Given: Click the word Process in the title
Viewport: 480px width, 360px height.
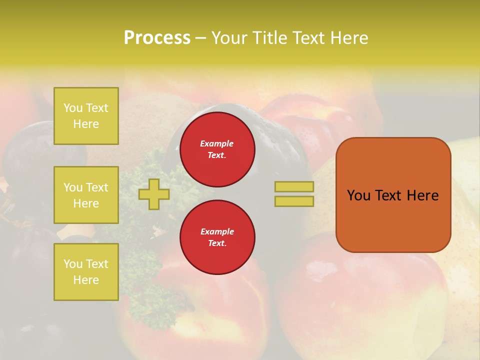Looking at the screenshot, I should tap(157, 38).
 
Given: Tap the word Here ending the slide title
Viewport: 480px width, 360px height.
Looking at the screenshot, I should tap(348, 38).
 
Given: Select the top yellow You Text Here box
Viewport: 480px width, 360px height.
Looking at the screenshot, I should tap(86, 116).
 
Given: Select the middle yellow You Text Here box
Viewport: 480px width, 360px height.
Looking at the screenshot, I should tap(86, 195).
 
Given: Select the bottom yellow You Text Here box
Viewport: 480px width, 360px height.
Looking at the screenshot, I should tap(86, 272).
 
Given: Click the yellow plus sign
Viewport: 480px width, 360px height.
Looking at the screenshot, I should tap(154, 194).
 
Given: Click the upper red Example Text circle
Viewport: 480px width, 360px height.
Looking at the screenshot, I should tap(217, 149).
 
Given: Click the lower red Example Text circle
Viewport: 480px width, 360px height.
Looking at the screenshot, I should tap(217, 237).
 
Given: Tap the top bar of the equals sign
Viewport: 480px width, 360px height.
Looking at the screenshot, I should tap(294, 187).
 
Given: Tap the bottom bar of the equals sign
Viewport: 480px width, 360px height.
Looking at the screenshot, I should tap(294, 201).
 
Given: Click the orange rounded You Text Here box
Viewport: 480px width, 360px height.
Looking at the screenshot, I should tap(393, 195).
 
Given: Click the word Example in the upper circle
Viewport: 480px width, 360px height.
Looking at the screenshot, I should tap(217, 143).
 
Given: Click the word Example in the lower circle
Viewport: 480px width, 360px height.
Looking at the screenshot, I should tap(217, 231).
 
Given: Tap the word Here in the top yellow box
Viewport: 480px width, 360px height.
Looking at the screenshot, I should tap(86, 124).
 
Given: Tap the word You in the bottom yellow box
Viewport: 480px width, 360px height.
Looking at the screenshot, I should tap(73, 264).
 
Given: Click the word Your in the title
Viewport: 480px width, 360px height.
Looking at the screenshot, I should tap(228, 38).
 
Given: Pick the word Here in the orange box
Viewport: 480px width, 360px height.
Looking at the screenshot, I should tap(422, 195).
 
